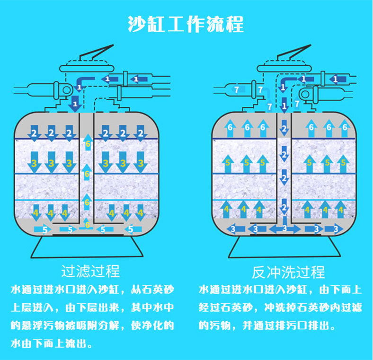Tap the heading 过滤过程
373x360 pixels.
[90, 271]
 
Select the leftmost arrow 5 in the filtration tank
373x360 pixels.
[44, 229]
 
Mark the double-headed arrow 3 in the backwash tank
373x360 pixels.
[284, 229]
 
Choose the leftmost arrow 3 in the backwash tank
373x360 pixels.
[232, 229]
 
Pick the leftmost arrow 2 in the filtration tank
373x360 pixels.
[34, 133]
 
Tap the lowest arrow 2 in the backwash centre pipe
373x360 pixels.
[284, 207]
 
